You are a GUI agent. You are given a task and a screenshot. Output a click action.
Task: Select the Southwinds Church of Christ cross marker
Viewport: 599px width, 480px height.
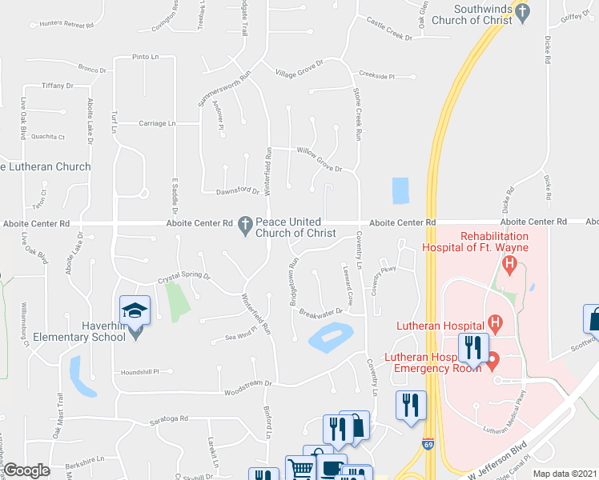pos(522,12)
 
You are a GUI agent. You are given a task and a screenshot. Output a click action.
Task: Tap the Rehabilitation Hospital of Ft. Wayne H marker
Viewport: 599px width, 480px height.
pos(507,263)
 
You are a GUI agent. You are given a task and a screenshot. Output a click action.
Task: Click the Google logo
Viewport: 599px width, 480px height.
pos(26,470)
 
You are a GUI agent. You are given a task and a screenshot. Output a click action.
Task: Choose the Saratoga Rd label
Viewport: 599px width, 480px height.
pos(168,419)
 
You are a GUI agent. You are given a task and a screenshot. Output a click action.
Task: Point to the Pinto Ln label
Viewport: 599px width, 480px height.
pos(145,58)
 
